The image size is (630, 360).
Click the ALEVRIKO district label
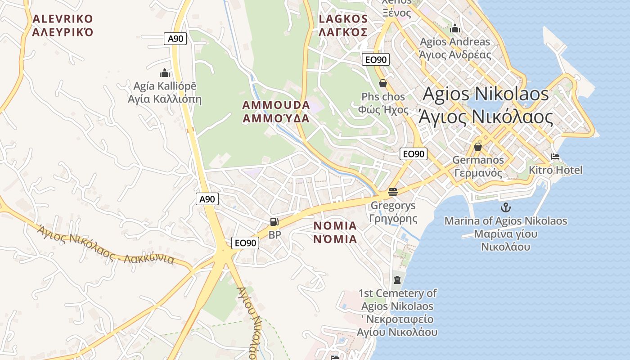pyautogui.click(x=63, y=25)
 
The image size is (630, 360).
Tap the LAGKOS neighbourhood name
pyautogui.click(x=343, y=25)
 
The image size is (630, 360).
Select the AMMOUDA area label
pyautogui.click(x=276, y=112)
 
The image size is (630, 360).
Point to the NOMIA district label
pyautogui.click(x=335, y=232)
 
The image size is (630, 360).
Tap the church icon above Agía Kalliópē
pyautogui.click(x=165, y=73)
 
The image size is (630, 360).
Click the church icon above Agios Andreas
pyautogui.click(x=455, y=29)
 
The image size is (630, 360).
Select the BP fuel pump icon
pyautogui.click(x=274, y=221)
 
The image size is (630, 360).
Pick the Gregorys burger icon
pyautogui.click(x=393, y=192)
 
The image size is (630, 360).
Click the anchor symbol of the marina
pyautogui.click(x=506, y=207)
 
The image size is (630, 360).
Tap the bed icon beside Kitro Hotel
pyautogui.click(x=555, y=157)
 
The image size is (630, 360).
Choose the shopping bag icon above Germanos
pyautogui.click(x=478, y=147)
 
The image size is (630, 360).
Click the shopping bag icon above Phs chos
pyautogui.click(x=383, y=83)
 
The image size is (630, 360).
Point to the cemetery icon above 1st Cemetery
pyautogui.click(x=397, y=280)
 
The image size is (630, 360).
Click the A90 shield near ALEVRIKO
pyautogui.click(x=175, y=39)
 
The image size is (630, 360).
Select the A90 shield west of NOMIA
pyautogui.click(x=207, y=199)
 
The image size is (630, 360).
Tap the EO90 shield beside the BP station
pyautogui.click(x=246, y=243)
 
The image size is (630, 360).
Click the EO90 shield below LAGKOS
pyautogui.click(x=375, y=59)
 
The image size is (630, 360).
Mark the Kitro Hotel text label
pyautogui.click(x=555, y=170)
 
